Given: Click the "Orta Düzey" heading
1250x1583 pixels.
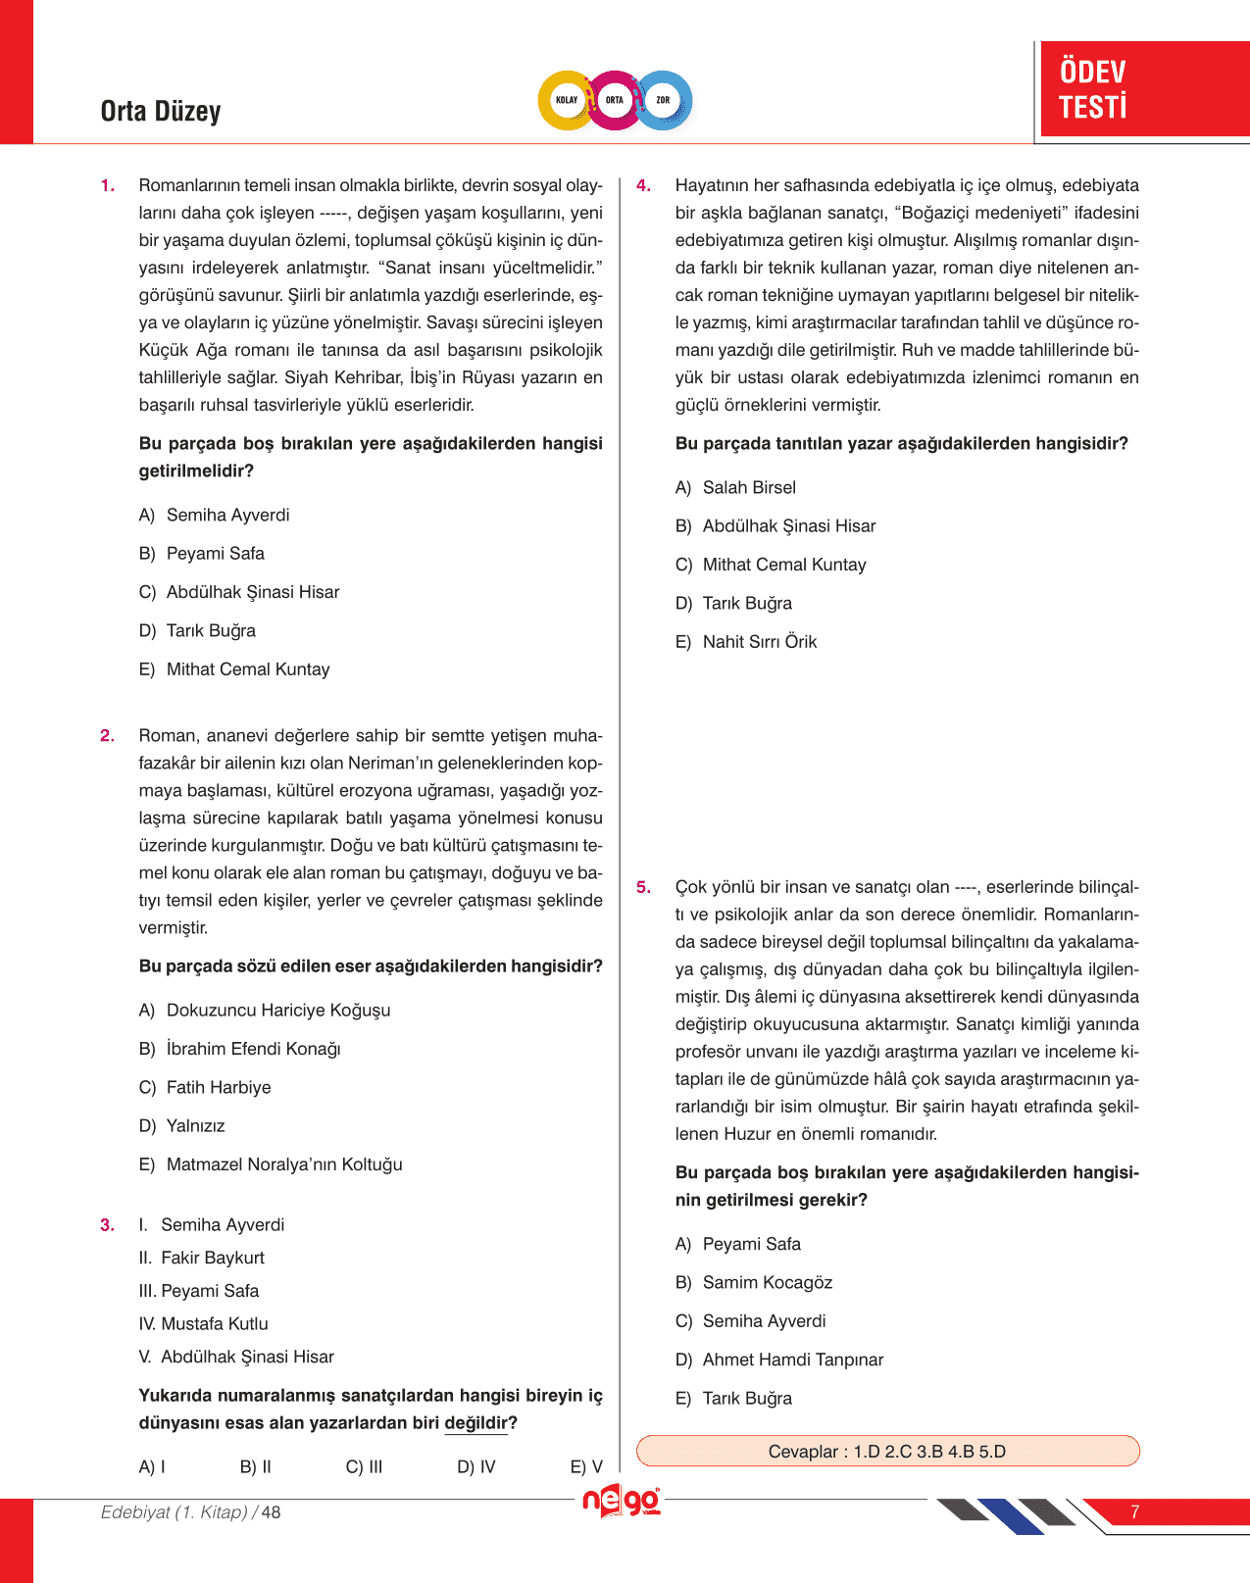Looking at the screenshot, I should tap(161, 112).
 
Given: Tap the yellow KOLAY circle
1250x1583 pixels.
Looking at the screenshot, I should tap(567, 100).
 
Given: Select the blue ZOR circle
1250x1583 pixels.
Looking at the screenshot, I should tap(664, 100).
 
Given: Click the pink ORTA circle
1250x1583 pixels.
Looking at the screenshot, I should tap(615, 100).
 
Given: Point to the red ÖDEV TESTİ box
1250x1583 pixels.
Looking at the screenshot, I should tap(1144, 89).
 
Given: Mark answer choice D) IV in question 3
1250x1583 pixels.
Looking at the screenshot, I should tap(476, 1467).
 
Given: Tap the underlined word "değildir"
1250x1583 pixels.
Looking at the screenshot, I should tap(476, 1423).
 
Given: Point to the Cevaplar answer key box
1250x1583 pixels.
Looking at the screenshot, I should tap(887, 1452).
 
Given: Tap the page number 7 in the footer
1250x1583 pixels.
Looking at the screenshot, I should tap(1134, 1512).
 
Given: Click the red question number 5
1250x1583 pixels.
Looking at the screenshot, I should tap(643, 888).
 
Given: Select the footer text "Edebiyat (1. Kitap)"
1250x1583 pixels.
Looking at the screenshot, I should tap(175, 1512).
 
